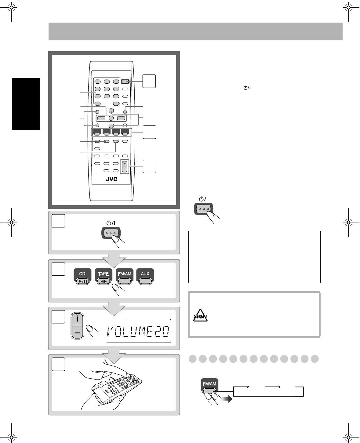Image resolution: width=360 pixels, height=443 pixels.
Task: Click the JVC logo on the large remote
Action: (x=111, y=179)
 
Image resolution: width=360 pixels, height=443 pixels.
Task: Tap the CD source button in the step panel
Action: (x=82, y=276)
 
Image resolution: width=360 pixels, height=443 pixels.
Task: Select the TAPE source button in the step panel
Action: (x=104, y=276)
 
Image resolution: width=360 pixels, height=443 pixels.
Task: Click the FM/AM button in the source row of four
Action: (x=124, y=276)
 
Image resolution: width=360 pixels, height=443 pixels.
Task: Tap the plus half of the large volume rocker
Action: (x=77, y=319)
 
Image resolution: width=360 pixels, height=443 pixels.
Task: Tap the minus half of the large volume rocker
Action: (x=77, y=332)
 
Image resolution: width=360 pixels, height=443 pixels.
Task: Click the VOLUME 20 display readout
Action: (x=139, y=331)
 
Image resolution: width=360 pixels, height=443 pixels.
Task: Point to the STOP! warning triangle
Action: (x=200, y=316)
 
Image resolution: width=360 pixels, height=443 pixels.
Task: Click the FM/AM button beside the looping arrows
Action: (x=209, y=387)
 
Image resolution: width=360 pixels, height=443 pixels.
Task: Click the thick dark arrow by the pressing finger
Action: (x=227, y=399)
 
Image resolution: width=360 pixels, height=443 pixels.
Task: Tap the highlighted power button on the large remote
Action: (x=125, y=82)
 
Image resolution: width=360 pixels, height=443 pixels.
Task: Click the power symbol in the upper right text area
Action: (x=247, y=88)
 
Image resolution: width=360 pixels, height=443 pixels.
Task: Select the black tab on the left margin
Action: (x=26, y=104)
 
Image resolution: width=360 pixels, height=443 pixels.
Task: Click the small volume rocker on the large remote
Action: (x=124, y=167)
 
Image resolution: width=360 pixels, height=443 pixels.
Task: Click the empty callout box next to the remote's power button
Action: (x=149, y=81)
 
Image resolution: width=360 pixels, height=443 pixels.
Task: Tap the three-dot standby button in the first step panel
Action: (x=111, y=233)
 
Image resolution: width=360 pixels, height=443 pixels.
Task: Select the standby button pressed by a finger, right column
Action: (x=204, y=209)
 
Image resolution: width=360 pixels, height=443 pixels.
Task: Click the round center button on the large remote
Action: (x=111, y=118)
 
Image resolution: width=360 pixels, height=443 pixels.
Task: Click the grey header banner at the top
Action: (x=195, y=31)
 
